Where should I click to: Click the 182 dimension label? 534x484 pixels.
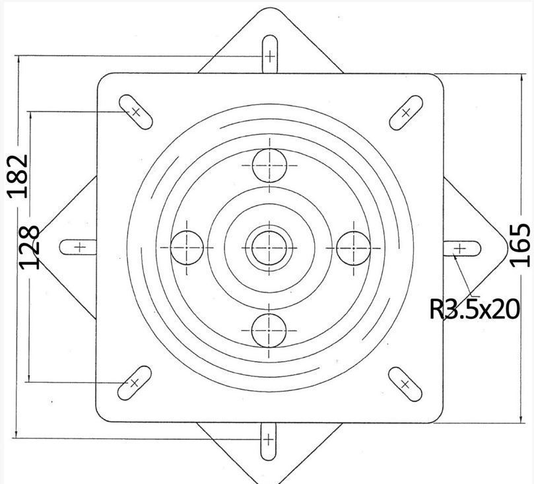click(x=17, y=176)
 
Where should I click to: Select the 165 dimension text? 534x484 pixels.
click(x=520, y=245)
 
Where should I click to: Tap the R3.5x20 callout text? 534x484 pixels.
click(x=475, y=309)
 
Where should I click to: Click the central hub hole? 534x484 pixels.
click(x=269, y=248)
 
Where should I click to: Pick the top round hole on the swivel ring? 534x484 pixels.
click(x=269, y=166)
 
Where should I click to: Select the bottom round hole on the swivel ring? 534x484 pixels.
click(x=269, y=330)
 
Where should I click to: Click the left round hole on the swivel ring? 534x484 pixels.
click(x=187, y=248)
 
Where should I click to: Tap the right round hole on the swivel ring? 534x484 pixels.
click(x=354, y=248)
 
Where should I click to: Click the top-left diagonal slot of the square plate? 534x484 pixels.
click(x=135, y=112)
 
